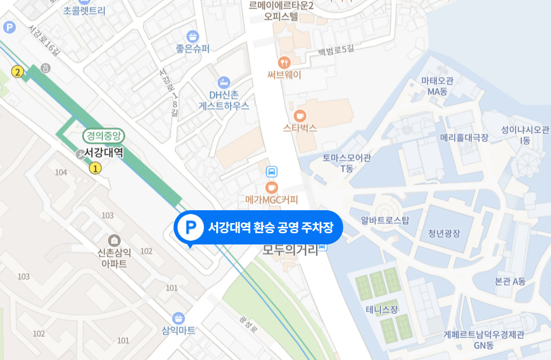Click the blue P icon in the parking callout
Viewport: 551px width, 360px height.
pos(189,227)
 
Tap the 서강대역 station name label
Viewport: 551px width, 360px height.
pos(104,153)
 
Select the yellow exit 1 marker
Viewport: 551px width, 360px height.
pos(95,168)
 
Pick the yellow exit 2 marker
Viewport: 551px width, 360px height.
pos(18,72)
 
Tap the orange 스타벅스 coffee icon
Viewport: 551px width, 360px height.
pos(300,115)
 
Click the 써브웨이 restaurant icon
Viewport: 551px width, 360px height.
pos(285,62)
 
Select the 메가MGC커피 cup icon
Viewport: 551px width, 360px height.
pos(272,187)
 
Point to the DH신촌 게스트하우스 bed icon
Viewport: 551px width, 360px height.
pos(224,82)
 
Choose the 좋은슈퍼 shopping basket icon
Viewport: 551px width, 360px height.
pos(193,36)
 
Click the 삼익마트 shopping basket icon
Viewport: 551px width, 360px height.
pos(179,318)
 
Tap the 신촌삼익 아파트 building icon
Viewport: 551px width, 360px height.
pos(113,240)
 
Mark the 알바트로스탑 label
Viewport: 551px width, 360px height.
pos(385,220)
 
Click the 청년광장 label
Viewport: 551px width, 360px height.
pos(444,233)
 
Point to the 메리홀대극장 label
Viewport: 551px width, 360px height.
pos(464,137)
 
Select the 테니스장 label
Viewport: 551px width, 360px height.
pos(382,310)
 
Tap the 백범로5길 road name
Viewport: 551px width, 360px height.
pos(336,50)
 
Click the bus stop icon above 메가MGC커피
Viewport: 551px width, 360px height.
pos(272,172)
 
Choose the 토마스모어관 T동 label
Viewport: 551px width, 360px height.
pos(347,163)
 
